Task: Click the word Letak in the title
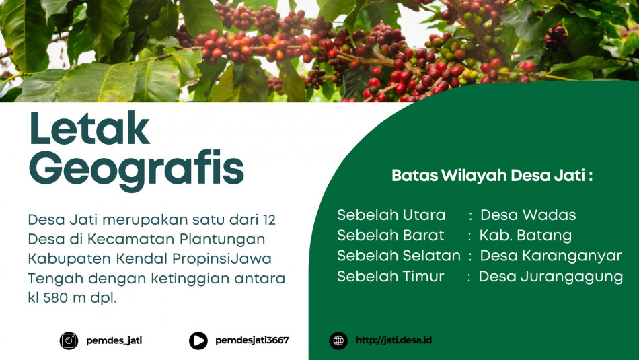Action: (89, 128)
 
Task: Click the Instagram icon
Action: (69, 340)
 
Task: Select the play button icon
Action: (198, 340)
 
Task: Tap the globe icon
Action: (338, 340)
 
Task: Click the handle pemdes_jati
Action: (114, 340)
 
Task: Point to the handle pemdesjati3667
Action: (252, 340)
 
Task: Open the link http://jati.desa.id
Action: (393, 340)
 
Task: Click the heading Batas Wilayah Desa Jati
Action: (492, 176)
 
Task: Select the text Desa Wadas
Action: (528, 215)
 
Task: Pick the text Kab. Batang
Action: (525, 236)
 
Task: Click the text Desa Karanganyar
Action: (551, 256)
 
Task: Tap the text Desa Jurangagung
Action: (551, 277)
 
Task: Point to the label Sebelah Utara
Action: (391, 215)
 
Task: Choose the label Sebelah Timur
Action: (390, 276)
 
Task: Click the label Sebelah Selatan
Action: (399, 256)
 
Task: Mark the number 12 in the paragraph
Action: (269, 220)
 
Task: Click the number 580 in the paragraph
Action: (55, 298)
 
